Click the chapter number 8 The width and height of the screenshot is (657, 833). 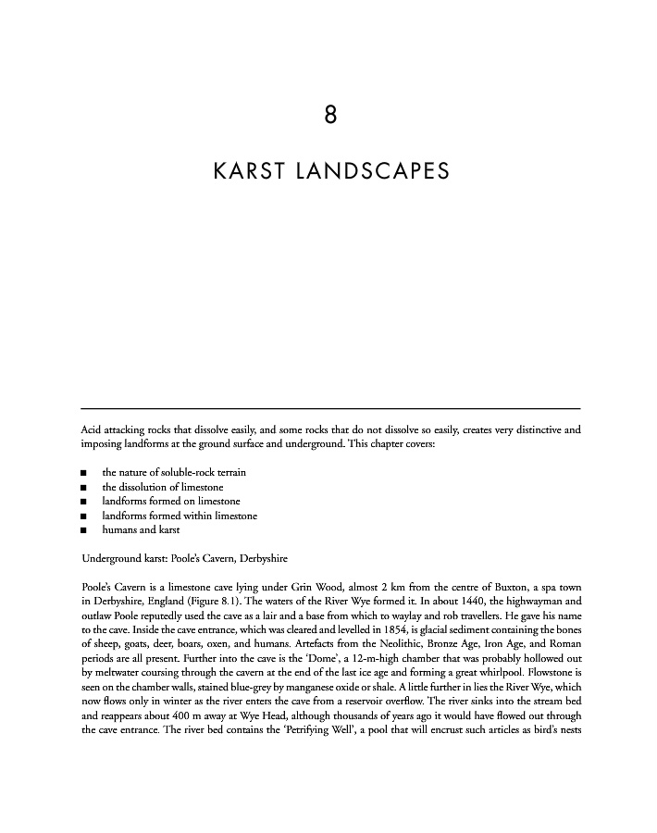[329, 116]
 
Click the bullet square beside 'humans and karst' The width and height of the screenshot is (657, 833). [83, 530]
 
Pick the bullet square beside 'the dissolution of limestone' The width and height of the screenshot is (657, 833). [83, 487]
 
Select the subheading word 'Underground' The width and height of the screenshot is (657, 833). [110, 559]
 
